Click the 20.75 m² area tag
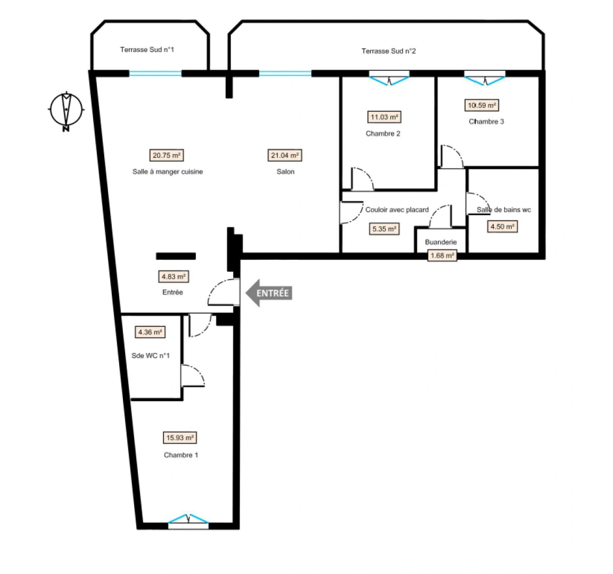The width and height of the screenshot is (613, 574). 166,156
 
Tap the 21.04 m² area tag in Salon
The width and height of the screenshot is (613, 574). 285,156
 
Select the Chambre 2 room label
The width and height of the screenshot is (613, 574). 383,133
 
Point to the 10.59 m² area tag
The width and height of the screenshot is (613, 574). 482,105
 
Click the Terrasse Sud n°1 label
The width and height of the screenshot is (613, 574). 147,49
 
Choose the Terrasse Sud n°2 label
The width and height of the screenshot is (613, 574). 388,51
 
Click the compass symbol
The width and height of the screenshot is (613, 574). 66,110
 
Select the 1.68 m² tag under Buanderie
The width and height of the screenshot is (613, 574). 442,256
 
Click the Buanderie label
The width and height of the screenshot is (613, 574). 441,242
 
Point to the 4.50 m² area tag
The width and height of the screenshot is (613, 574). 502,227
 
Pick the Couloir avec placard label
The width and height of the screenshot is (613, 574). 397,210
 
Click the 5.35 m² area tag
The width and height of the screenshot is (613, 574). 384,229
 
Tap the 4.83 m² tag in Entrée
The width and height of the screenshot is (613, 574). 173,277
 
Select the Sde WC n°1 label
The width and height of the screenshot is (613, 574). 151,356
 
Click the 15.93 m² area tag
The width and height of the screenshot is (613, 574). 180,438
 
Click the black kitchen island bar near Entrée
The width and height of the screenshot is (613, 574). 176,256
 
